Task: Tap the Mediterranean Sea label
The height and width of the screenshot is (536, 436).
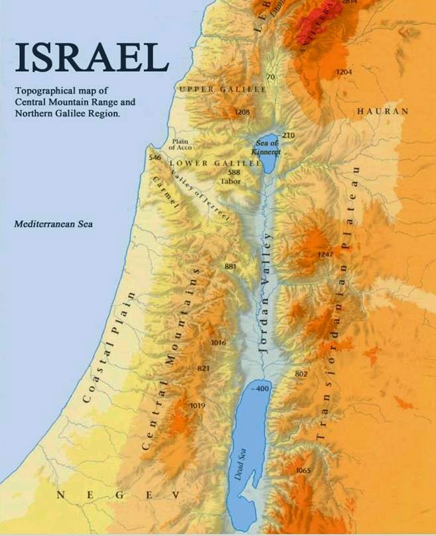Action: click(x=54, y=224)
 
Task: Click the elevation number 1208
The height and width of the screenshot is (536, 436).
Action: click(x=242, y=112)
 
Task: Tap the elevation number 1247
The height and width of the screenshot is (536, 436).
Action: click(x=325, y=255)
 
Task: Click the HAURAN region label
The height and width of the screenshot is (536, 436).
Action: click(x=382, y=111)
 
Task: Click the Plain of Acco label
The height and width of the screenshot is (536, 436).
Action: click(x=181, y=144)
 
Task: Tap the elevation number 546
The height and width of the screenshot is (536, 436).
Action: click(x=155, y=158)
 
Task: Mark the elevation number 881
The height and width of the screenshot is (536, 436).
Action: click(x=230, y=267)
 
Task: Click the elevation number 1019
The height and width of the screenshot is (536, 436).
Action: click(x=197, y=405)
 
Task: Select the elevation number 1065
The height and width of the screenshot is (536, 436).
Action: click(x=303, y=470)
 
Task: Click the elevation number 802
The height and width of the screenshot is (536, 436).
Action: click(x=301, y=374)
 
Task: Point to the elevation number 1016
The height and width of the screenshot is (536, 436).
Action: click(x=218, y=343)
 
